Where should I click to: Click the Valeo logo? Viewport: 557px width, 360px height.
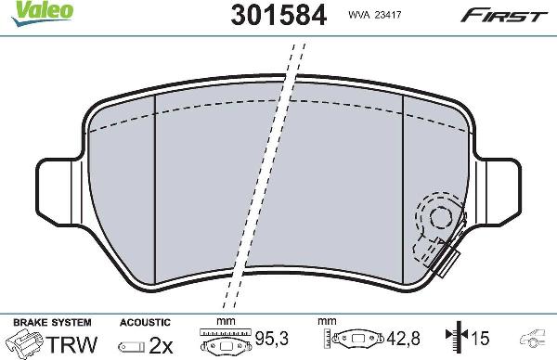(x=25, y=10)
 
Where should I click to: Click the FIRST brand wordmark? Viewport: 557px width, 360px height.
(x=505, y=15)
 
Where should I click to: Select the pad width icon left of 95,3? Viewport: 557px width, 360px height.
(x=227, y=341)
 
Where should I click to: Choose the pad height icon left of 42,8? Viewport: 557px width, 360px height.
(x=358, y=341)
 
